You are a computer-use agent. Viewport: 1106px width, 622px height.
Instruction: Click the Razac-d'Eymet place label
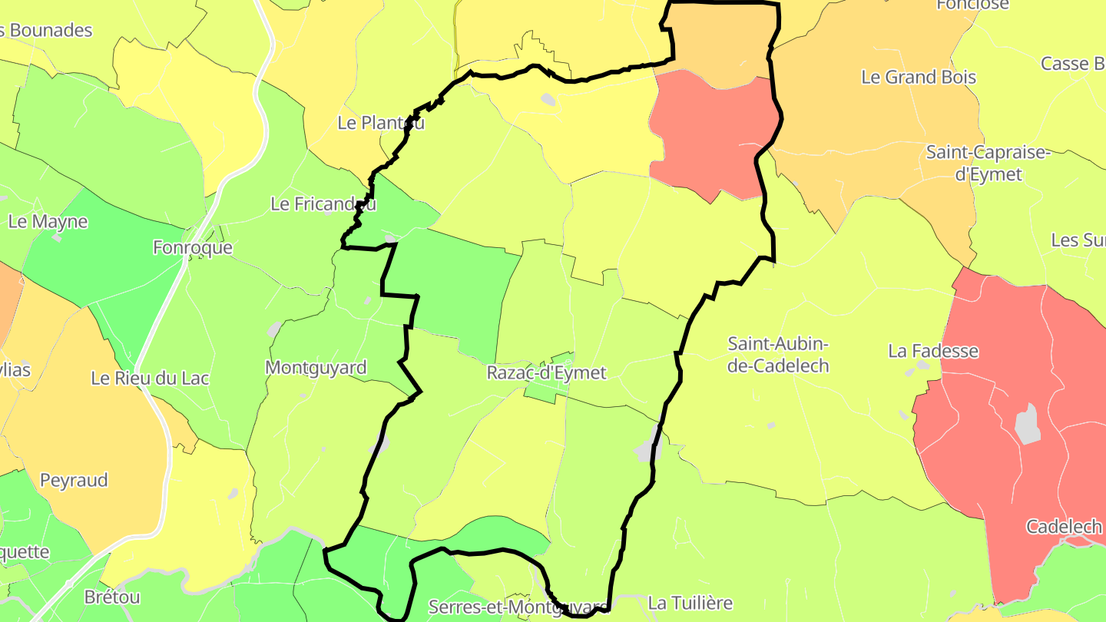pyautogui.click(x=546, y=373)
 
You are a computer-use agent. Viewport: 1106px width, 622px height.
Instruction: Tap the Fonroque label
pyautogui.click(x=192, y=248)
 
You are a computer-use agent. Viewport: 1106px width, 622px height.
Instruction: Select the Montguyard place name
pyautogui.click(x=316, y=368)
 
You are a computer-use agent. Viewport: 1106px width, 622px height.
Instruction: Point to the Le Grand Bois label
pyautogui.click(x=919, y=78)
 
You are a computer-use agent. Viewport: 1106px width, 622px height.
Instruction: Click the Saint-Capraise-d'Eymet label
pyautogui.click(x=987, y=163)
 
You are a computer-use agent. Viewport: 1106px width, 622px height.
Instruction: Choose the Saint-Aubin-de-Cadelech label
pyautogui.click(x=778, y=355)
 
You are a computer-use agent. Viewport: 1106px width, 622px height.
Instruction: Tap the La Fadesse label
pyautogui.click(x=933, y=352)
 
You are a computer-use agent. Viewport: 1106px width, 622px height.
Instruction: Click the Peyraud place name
pyautogui.click(x=74, y=481)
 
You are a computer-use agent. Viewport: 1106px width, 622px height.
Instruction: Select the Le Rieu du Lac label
pyautogui.click(x=150, y=379)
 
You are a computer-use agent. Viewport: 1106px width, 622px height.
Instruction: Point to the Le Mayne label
pyautogui.click(x=48, y=222)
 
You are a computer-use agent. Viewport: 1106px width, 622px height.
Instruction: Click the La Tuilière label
pyautogui.click(x=690, y=604)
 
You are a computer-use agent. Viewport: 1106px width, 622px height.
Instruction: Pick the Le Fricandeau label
pyautogui.click(x=323, y=204)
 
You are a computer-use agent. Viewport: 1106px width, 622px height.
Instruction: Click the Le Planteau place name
pyautogui.click(x=381, y=123)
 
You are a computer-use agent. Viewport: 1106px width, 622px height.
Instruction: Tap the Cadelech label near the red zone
pyautogui.click(x=1064, y=528)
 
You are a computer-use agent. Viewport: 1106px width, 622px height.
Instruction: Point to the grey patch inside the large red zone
pyautogui.click(x=1027, y=424)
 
